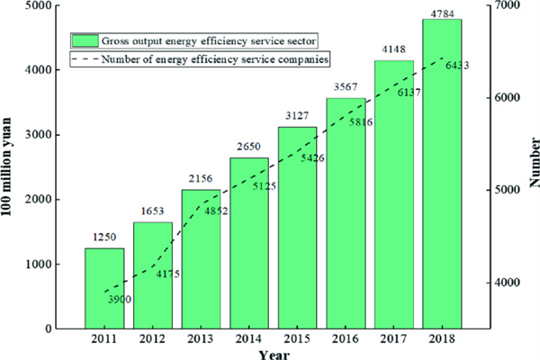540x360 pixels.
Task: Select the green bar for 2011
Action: (104, 288)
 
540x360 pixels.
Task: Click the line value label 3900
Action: (119, 298)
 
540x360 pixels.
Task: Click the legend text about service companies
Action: (214, 59)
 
